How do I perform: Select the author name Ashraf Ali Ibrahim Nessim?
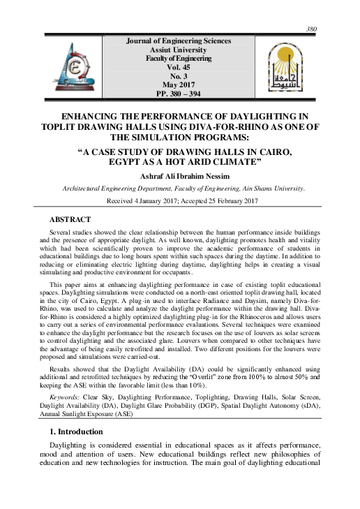tap(180, 176)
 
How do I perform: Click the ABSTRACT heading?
tap(69, 219)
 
